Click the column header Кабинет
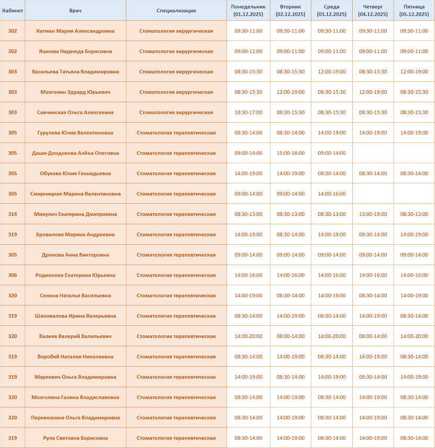click(x=13, y=10)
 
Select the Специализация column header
click(x=176, y=10)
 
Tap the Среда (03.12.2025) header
click(x=332, y=10)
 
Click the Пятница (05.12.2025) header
click(x=414, y=10)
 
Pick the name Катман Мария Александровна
click(x=75, y=31)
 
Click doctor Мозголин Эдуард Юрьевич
click(x=75, y=92)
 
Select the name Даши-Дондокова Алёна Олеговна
click(x=75, y=153)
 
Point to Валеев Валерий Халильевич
click(x=75, y=336)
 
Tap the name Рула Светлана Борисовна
click(x=75, y=438)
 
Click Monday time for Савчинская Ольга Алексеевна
click(x=248, y=112)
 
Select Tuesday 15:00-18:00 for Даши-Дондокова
click(x=290, y=153)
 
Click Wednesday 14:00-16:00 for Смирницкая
click(x=332, y=194)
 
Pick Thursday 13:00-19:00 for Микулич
click(x=373, y=214)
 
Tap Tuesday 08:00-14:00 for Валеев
click(x=290, y=336)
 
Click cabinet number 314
click(x=13, y=214)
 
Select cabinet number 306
click(x=13, y=275)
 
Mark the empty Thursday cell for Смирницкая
click(x=373, y=194)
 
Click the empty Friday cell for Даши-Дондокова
click(x=414, y=153)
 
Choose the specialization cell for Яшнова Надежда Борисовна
click(x=176, y=51)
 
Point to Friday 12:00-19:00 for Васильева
click(x=414, y=72)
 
